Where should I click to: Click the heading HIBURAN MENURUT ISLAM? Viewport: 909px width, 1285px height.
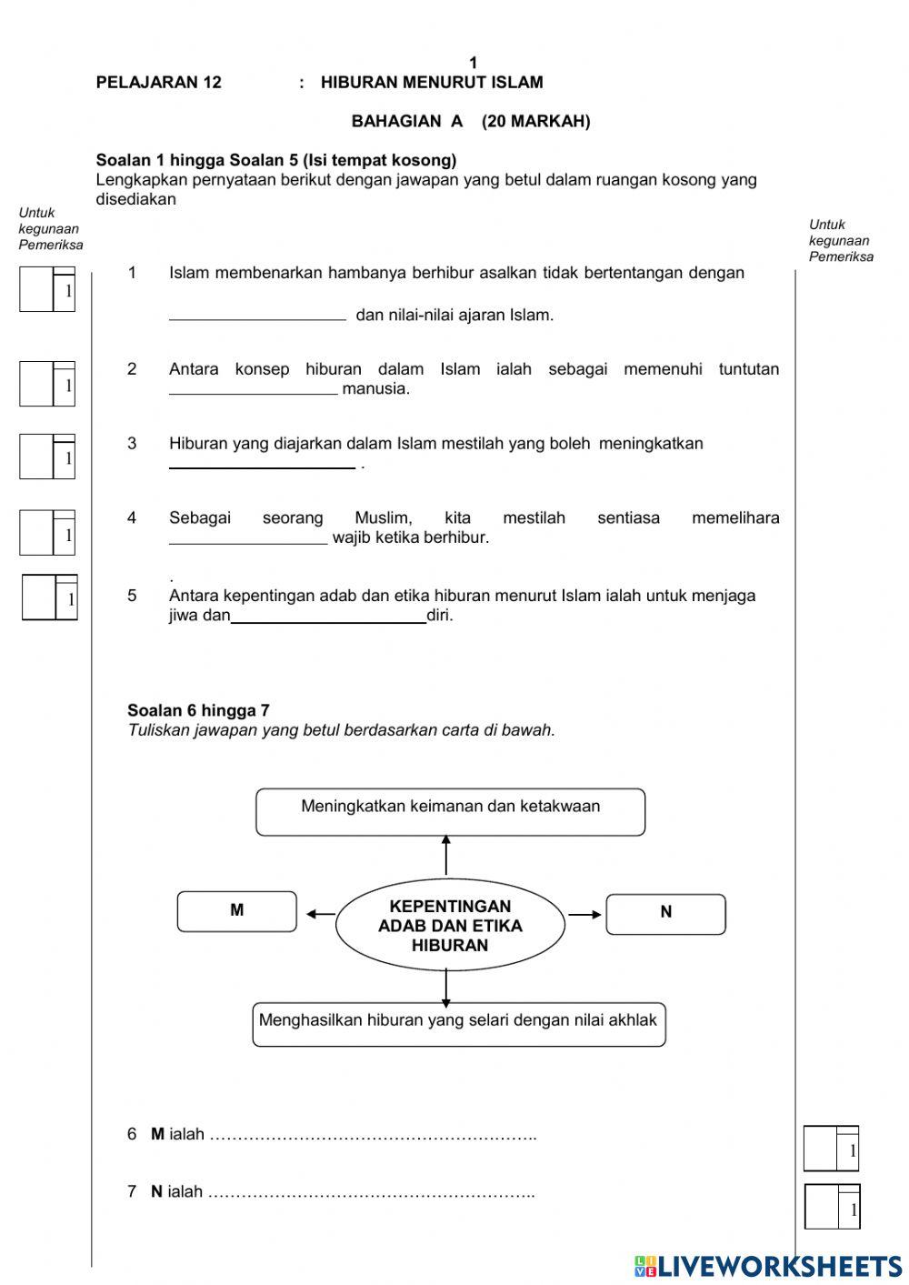pyautogui.click(x=432, y=83)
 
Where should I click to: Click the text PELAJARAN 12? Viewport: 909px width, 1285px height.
pyautogui.click(x=158, y=83)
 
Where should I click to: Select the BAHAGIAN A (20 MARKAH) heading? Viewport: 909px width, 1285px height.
pyautogui.click(x=470, y=121)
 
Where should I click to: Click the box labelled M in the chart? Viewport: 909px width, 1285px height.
pyautogui.click(x=236, y=911)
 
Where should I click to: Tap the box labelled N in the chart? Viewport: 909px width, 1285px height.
pyautogui.click(x=665, y=913)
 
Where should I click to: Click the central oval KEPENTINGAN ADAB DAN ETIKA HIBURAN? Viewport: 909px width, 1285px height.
pyautogui.click(x=450, y=926)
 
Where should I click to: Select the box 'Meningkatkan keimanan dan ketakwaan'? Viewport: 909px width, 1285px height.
pyautogui.click(x=450, y=810)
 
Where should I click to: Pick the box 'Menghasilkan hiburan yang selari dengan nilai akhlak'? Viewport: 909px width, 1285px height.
pyautogui.click(x=458, y=1023)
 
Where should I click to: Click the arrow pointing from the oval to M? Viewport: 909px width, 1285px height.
pyautogui.click(x=320, y=914)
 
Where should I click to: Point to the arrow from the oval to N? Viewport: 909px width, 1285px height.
pyautogui.click(x=584, y=914)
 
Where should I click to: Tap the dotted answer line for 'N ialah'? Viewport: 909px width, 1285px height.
pyautogui.click(x=371, y=1193)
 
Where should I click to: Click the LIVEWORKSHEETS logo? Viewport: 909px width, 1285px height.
pyautogui.click(x=768, y=1265)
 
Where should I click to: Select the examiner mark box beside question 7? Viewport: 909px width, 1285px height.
pyautogui.click(x=831, y=1206)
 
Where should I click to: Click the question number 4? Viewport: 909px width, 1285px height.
pyautogui.click(x=132, y=518)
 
